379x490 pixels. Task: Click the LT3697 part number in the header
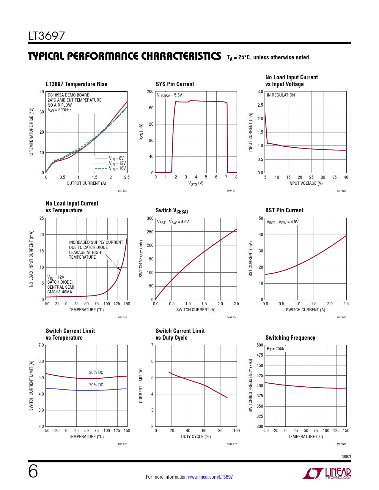point(46,36)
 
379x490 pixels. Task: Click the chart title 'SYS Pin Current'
point(175,84)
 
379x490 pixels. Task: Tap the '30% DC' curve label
point(96,372)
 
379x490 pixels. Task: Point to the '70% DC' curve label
point(96,385)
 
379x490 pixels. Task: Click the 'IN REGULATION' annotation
point(281,95)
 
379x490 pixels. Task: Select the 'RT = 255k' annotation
point(275,349)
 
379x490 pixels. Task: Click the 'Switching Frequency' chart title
point(290,338)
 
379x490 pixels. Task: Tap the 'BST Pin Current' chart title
point(284,210)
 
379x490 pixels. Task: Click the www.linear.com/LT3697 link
point(210,477)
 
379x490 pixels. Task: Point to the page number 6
point(33,472)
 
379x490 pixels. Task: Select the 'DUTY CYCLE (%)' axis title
point(196,437)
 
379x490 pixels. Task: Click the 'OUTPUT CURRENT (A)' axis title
point(86,183)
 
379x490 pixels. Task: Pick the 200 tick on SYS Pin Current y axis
point(150,91)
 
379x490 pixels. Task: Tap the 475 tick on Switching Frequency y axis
point(260,355)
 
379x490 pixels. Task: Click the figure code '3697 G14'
point(232,317)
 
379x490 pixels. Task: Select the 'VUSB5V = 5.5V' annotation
point(169,95)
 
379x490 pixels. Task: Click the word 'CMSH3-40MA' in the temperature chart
point(60,292)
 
